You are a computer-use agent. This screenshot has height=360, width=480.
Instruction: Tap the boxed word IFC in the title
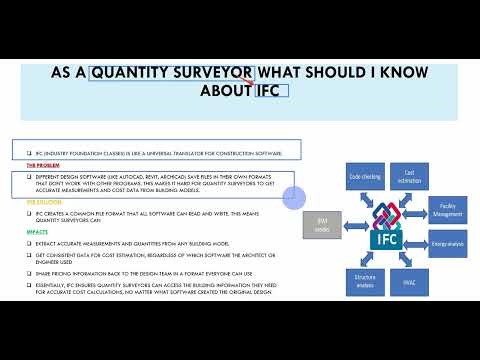tap(270, 91)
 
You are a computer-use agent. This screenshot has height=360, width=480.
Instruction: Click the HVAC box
tap(409, 282)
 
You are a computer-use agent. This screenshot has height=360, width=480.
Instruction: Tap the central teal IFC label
tap(386, 240)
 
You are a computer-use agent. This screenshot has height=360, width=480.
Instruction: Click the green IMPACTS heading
tap(37, 231)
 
